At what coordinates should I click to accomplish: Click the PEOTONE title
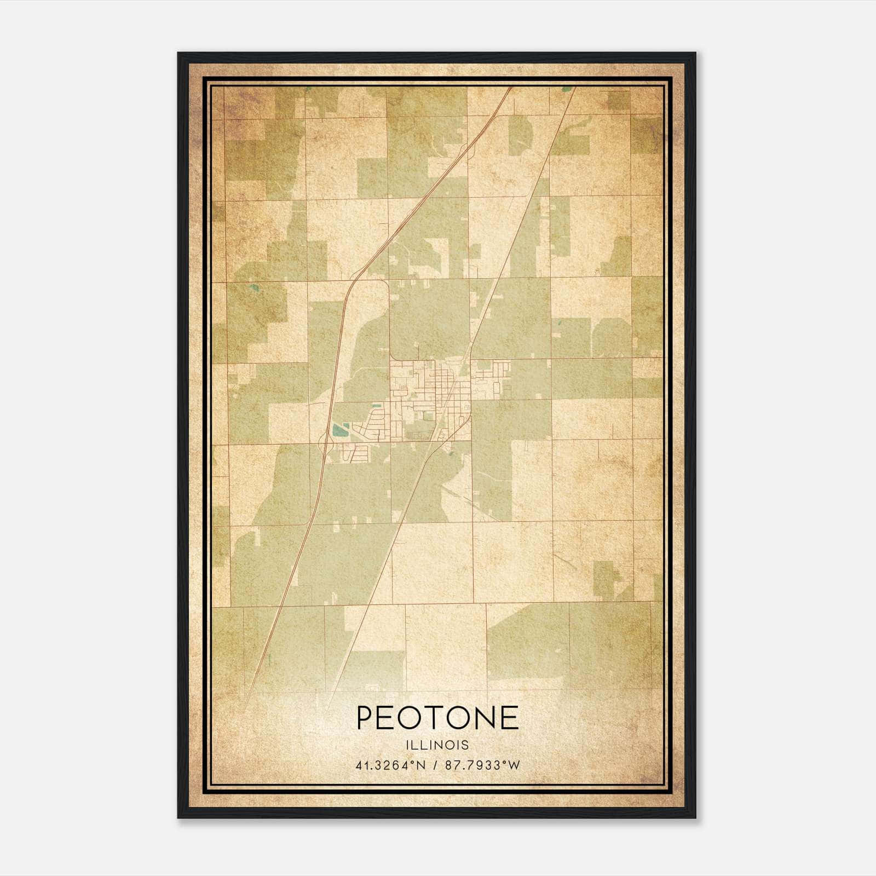pyautogui.click(x=437, y=718)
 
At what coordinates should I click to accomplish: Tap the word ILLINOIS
pyautogui.click(x=437, y=745)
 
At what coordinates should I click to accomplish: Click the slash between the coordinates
pyautogui.click(x=434, y=765)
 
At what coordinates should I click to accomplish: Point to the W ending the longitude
pyautogui.click(x=513, y=765)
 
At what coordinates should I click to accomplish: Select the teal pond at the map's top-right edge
pyautogui.click(x=568, y=88)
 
